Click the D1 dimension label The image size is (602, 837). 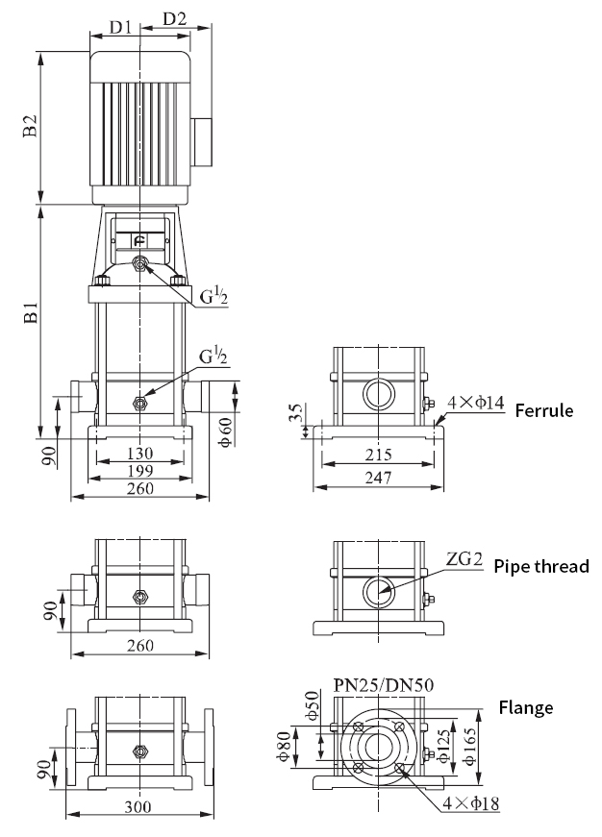pyautogui.click(x=120, y=26)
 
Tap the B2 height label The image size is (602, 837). pyautogui.click(x=31, y=126)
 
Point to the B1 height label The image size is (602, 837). pyautogui.click(x=31, y=312)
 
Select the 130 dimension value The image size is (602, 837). pyautogui.click(x=140, y=454)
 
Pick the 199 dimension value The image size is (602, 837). pyautogui.click(x=140, y=470)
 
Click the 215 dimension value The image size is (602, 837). pyautogui.click(x=378, y=455)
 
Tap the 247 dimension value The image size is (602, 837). pyautogui.click(x=378, y=477)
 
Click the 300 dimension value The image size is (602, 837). pyautogui.click(x=138, y=806)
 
